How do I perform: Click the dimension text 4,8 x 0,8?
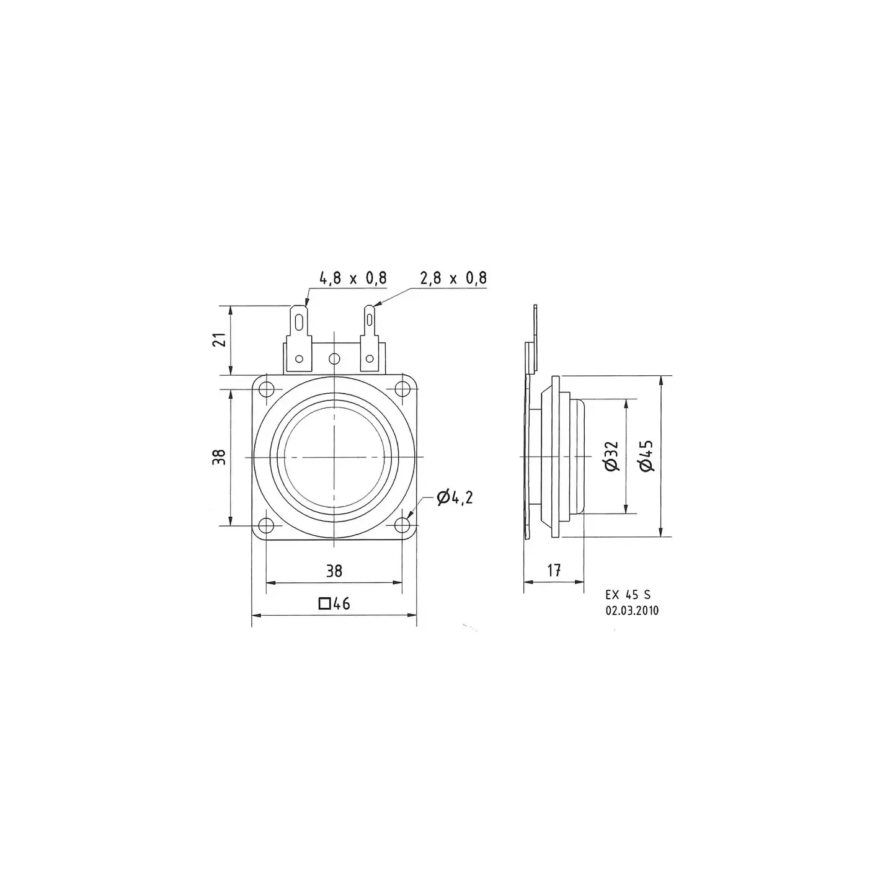pos(353,278)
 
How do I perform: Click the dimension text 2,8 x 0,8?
pos(453,278)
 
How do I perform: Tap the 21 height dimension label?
pos(221,340)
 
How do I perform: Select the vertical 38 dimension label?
pos(221,457)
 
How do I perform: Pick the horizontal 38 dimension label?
pos(334,571)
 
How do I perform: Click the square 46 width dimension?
pos(334,603)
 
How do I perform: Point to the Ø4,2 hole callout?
pos(455,498)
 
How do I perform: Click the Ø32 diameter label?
pos(611,456)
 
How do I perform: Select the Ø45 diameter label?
pos(646,456)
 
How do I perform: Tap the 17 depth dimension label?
pos(554,570)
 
